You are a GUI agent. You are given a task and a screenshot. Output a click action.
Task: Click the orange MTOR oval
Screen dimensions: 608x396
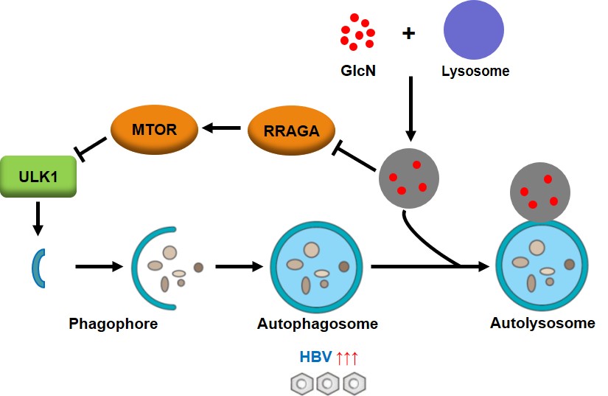click(x=154, y=130)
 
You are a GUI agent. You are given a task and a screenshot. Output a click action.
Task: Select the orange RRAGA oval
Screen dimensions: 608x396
click(x=291, y=131)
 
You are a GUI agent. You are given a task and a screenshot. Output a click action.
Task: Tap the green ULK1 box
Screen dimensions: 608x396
click(x=38, y=176)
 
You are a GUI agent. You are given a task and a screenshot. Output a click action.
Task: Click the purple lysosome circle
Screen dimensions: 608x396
click(x=473, y=29)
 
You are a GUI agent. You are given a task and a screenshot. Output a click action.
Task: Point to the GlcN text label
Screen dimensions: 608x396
click(x=358, y=71)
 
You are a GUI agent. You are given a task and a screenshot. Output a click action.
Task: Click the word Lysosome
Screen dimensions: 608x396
click(x=475, y=71)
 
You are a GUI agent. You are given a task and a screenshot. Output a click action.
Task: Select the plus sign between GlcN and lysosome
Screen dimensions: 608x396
click(x=408, y=33)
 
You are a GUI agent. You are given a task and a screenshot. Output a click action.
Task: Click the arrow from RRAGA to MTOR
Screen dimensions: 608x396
click(x=221, y=128)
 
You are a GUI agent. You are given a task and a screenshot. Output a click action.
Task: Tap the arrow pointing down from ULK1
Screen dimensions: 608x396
click(x=38, y=218)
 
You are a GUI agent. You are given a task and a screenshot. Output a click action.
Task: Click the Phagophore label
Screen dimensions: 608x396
click(x=113, y=324)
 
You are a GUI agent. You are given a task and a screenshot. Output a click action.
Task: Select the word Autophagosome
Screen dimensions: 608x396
click(x=317, y=324)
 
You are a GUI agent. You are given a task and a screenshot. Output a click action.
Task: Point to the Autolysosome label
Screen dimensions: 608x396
click(x=542, y=323)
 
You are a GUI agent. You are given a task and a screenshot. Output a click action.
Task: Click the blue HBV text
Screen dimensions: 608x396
click(x=315, y=356)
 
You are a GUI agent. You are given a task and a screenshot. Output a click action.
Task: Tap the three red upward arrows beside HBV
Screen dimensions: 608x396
click(x=347, y=358)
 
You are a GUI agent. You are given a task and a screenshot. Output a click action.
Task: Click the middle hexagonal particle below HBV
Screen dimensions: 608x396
click(x=328, y=383)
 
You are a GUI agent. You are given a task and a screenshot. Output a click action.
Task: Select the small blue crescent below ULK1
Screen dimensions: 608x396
click(x=38, y=268)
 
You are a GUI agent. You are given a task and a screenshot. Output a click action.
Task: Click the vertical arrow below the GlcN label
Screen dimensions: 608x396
click(x=410, y=109)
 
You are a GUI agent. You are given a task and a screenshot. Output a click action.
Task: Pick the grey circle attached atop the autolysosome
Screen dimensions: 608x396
click(x=539, y=192)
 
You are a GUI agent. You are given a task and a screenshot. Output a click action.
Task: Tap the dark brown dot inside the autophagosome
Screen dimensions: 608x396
click(x=344, y=266)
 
